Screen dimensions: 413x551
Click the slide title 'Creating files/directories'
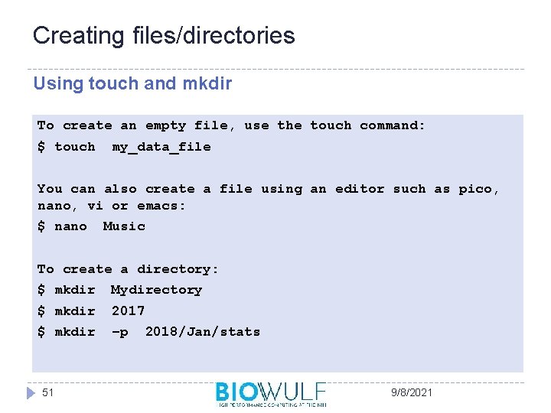point(164,36)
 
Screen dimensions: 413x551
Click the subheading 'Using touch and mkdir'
point(132,83)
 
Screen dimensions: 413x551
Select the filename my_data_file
point(161,147)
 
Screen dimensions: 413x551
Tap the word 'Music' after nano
point(124,226)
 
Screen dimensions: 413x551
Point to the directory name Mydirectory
point(157,290)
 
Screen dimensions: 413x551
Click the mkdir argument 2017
point(128,311)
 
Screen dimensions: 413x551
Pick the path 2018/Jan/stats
point(203,332)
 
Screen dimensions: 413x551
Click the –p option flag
point(120,332)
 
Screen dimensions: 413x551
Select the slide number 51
point(48,392)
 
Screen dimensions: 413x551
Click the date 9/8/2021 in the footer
point(411,392)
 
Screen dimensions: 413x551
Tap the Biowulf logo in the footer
point(271,393)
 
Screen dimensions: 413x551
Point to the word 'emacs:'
point(161,206)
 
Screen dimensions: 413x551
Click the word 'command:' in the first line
point(393,125)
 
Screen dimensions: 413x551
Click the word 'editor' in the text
point(360,189)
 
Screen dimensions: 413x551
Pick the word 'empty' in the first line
point(165,125)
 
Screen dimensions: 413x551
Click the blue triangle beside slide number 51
point(31,392)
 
